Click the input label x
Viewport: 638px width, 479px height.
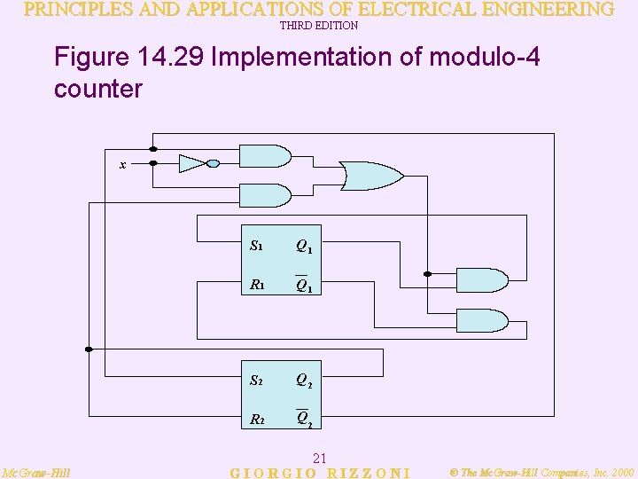pos(123,165)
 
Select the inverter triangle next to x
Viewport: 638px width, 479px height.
pos(191,163)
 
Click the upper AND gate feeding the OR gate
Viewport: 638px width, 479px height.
pos(266,156)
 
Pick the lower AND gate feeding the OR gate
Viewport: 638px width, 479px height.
pos(266,195)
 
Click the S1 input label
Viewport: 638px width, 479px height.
pos(256,246)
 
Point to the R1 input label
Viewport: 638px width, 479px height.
pos(257,286)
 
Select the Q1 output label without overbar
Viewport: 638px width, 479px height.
pos(303,247)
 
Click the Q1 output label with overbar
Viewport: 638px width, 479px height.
pos(303,286)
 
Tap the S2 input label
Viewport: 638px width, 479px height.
pos(256,381)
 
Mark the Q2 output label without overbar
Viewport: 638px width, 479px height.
pos(303,381)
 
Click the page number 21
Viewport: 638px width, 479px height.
pos(321,458)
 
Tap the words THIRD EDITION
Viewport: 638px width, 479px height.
pos(318,26)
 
